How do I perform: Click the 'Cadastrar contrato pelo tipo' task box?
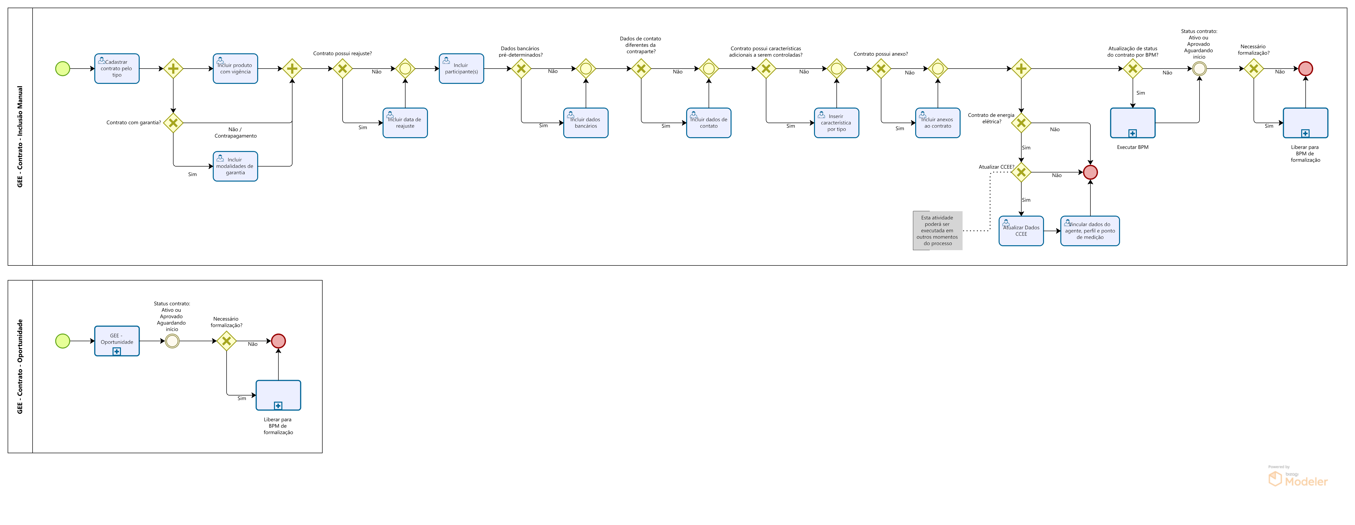[117, 68]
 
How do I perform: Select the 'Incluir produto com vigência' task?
[235, 68]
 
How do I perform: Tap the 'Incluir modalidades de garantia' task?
[235, 166]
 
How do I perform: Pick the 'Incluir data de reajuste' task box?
[405, 123]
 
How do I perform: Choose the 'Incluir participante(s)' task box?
[461, 68]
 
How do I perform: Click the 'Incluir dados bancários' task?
[585, 123]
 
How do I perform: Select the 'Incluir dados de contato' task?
[709, 123]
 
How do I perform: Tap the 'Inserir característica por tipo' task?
[836, 123]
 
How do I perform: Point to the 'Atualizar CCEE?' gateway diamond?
[1021, 172]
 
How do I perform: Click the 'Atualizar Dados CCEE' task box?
[1021, 231]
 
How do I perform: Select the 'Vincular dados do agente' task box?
[1090, 231]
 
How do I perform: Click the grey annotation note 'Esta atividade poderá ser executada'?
[937, 230]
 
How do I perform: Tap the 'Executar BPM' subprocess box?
[1132, 123]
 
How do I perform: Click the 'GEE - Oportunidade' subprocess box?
[117, 341]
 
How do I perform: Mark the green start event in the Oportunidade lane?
[63, 341]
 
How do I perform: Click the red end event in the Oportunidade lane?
[278, 341]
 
